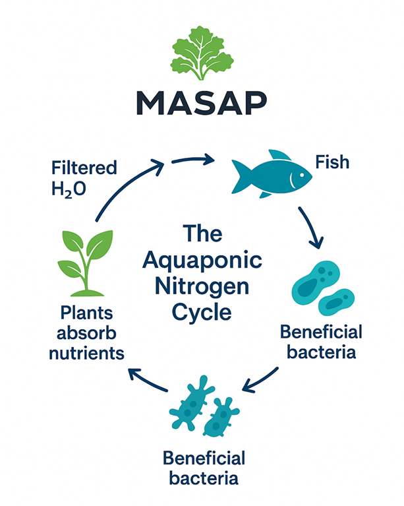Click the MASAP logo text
(x=202, y=103)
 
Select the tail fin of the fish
(x=238, y=174)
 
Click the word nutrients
(x=90, y=352)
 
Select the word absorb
(x=91, y=332)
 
